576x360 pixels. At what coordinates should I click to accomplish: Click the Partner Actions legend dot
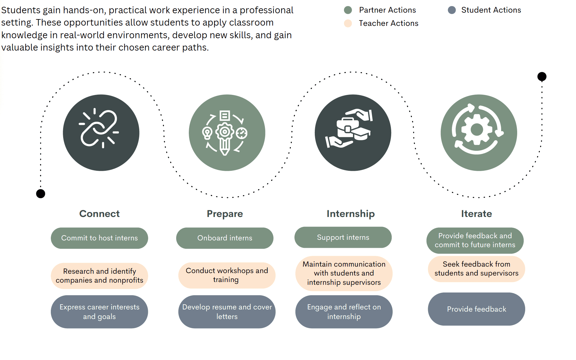348,10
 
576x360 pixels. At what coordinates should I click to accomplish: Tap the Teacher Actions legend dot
348,23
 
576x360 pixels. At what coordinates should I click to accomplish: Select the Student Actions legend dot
452,10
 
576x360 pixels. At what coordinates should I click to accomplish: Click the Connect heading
99,214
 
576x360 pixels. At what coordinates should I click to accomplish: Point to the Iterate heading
476,214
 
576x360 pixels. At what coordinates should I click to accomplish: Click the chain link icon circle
101,133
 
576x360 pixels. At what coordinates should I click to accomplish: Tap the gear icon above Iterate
477,129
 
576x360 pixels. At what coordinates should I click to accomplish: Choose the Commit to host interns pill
99,238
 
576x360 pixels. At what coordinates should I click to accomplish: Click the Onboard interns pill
225,238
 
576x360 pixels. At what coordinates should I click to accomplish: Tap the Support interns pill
343,237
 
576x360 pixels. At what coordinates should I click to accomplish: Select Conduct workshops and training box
227,275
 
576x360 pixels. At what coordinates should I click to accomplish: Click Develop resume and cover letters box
227,312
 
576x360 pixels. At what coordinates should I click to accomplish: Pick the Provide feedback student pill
476,309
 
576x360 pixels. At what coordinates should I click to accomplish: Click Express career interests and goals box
99,312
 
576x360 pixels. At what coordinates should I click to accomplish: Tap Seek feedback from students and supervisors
476,269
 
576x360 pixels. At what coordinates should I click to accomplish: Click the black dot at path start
41,194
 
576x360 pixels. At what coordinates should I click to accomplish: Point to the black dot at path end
542,76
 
